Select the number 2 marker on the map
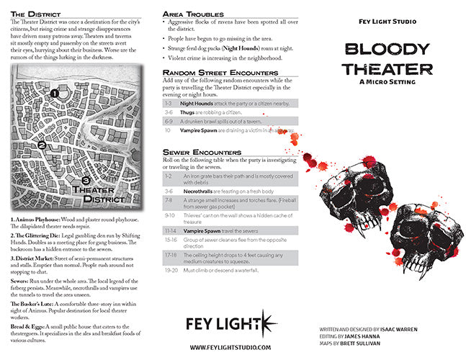coord(42,145)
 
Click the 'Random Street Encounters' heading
coord(220,73)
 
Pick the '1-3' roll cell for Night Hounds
coord(169,104)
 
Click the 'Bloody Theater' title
coord(388,58)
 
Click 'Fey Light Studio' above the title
coord(387,22)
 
